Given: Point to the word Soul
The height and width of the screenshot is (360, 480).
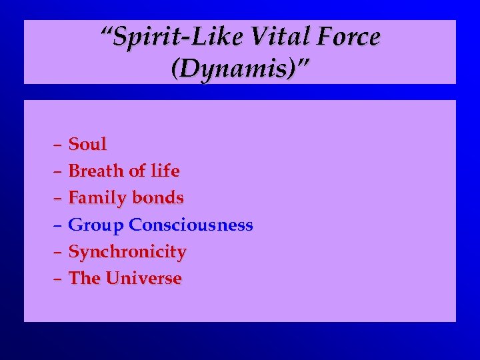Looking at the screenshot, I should (87, 144).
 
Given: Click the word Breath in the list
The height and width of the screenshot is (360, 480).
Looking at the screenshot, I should (97, 171).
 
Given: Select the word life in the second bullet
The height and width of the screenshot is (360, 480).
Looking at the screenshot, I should (165, 171).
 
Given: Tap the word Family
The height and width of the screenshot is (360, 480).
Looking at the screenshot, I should (97, 198).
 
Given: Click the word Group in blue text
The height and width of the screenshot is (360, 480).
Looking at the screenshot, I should (97, 225).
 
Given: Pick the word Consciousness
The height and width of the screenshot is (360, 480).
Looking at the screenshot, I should (191, 225).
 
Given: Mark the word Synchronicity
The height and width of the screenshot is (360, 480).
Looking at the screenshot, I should (127, 252).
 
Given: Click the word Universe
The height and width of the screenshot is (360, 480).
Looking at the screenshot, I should (143, 279).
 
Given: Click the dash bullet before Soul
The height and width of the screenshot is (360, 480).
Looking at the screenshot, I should (57, 145).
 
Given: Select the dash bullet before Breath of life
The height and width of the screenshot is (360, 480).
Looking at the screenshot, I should (57, 172).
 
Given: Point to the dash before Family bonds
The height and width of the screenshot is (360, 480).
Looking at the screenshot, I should (57, 199).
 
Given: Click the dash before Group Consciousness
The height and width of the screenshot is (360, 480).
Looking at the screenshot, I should (57, 226).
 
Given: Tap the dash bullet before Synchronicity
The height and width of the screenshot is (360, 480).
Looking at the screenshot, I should (57, 253).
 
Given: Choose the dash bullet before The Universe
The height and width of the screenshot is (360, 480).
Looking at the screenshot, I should (57, 279).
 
